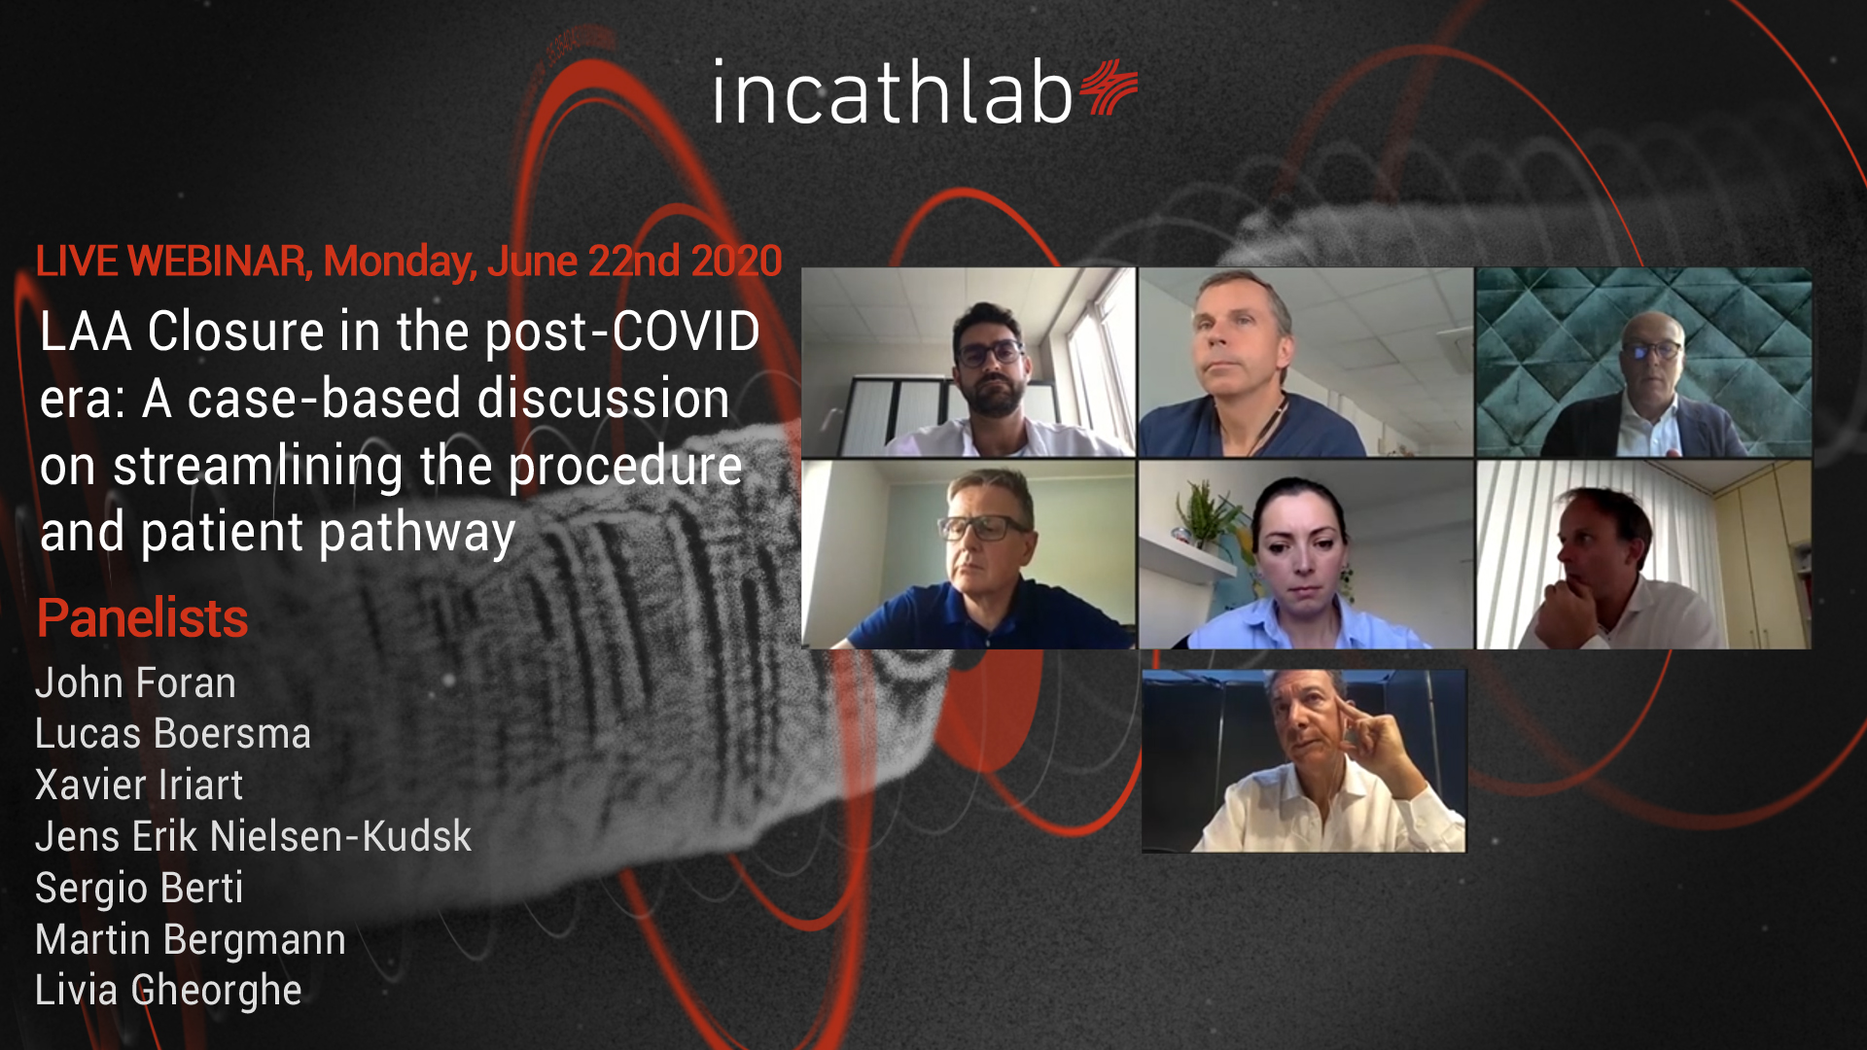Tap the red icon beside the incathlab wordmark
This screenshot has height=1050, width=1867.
(x=1110, y=87)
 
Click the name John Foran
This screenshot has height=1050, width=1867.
(x=135, y=682)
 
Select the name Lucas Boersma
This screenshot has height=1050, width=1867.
(x=173, y=734)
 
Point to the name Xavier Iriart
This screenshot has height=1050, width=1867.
(x=139, y=786)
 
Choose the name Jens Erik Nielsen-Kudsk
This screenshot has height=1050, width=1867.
(x=253, y=837)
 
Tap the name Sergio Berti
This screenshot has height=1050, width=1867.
(x=139, y=889)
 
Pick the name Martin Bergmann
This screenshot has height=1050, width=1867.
(x=191, y=940)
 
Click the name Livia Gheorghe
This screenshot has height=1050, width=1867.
(x=168, y=991)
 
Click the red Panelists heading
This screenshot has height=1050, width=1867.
(x=142, y=618)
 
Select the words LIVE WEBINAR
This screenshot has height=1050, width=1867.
(x=171, y=261)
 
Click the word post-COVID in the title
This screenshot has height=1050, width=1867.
(x=622, y=332)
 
